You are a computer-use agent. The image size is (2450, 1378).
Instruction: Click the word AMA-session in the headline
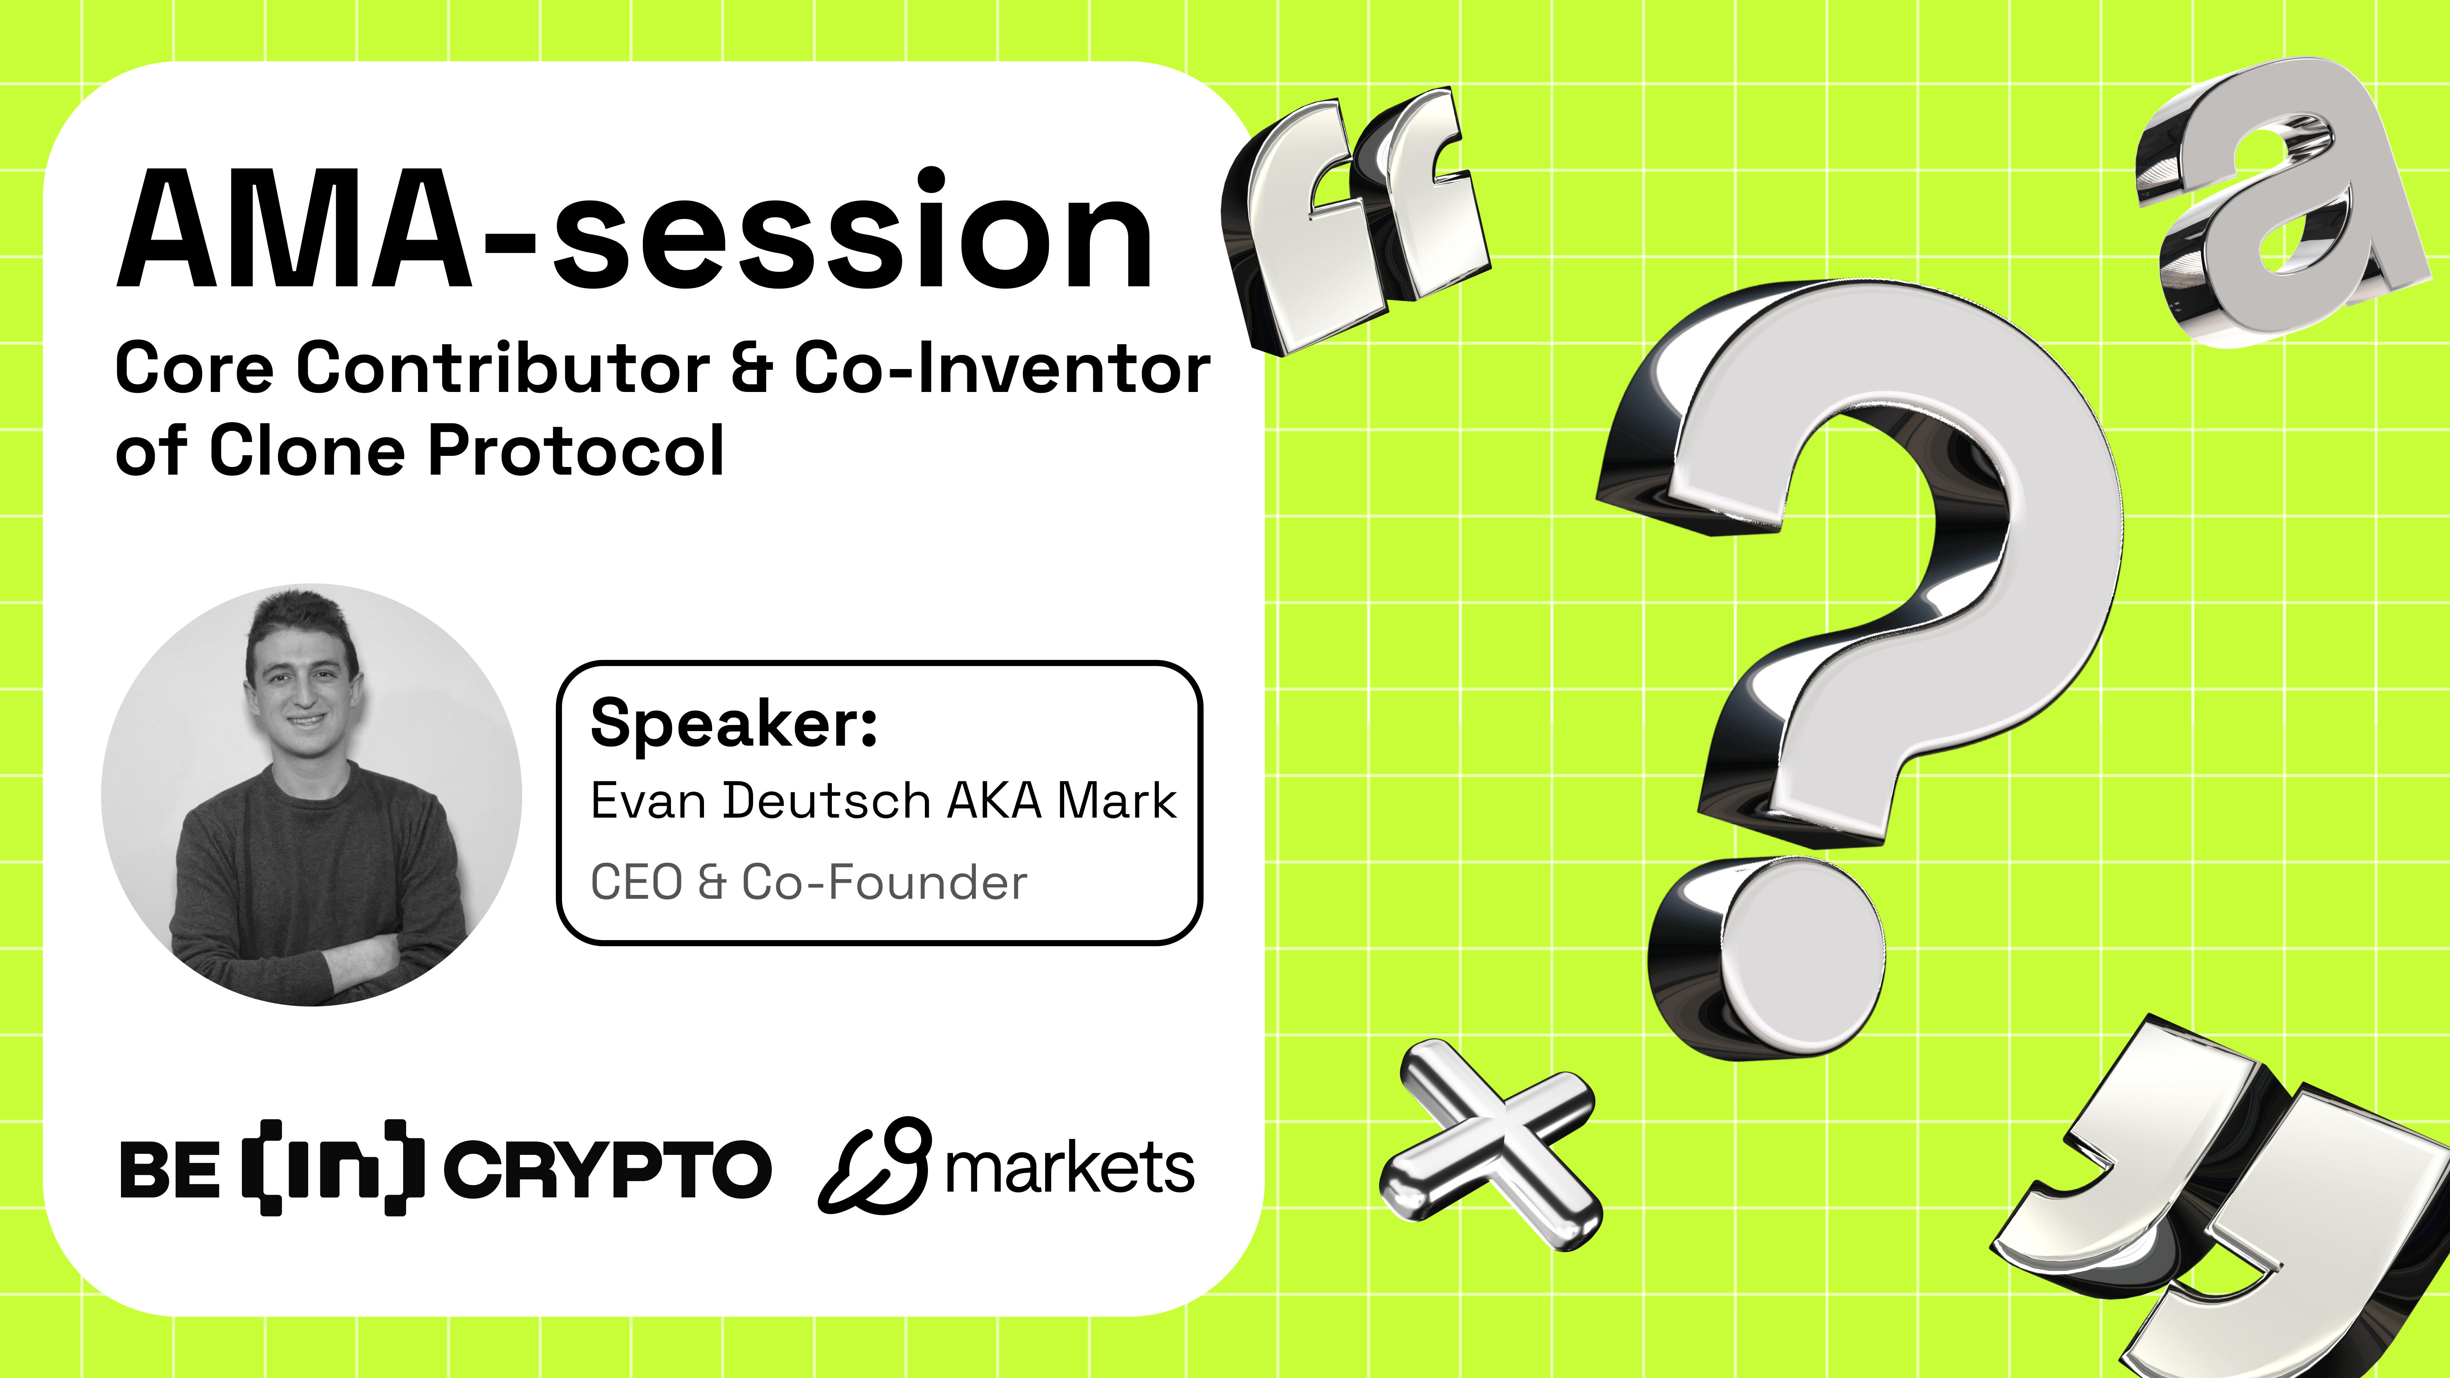click(x=634, y=231)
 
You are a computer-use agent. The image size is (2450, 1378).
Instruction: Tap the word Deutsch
click(x=826, y=801)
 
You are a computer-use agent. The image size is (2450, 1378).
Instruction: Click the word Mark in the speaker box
click(x=1117, y=801)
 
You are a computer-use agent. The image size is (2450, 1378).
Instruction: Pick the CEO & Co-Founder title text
click(x=808, y=883)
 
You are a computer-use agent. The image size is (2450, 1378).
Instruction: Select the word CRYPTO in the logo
click(x=607, y=1170)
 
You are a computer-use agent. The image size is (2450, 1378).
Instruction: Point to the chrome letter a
click(x=2283, y=204)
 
